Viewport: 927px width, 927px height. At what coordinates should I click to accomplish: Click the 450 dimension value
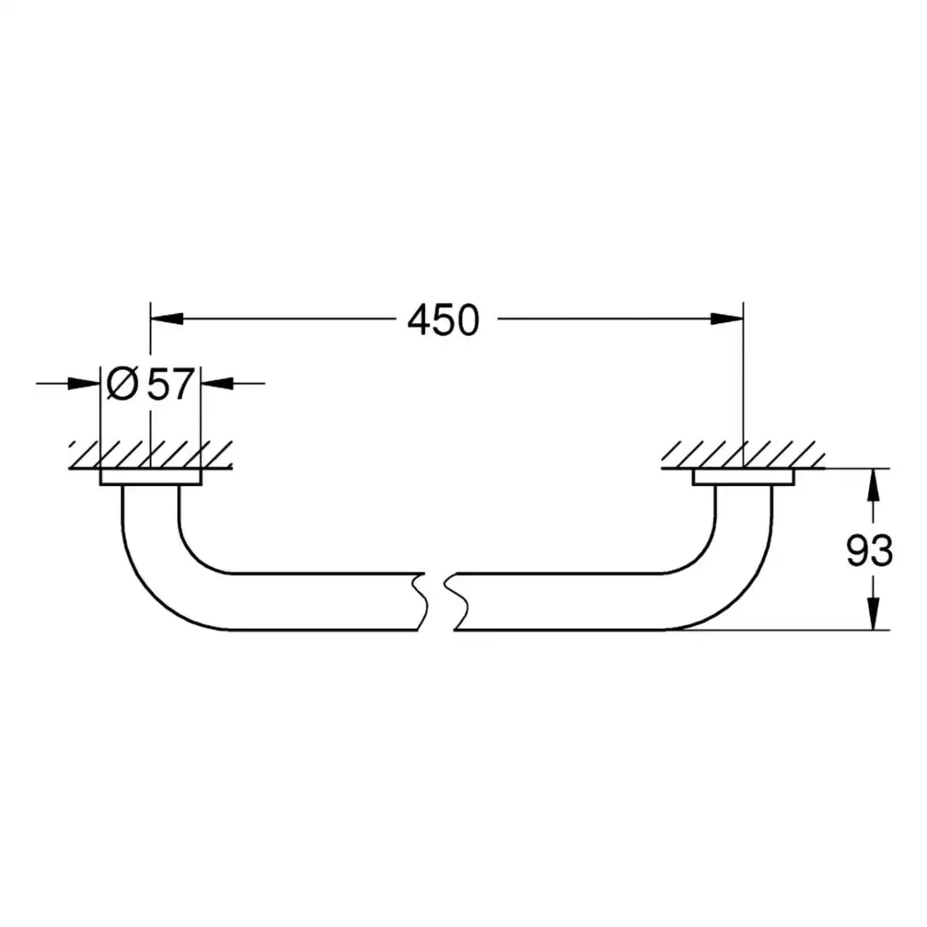[443, 320]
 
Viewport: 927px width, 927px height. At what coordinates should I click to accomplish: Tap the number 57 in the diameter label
[170, 384]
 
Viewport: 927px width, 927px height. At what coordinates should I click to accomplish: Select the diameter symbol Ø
[123, 384]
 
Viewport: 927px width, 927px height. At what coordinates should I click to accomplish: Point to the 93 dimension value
[869, 552]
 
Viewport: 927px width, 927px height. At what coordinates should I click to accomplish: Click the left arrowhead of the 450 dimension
[167, 318]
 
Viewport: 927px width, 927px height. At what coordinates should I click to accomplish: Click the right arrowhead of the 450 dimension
[727, 318]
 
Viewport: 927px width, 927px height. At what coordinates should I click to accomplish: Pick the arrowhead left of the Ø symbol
[83, 383]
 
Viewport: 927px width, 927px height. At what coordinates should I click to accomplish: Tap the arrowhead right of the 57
[217, 383]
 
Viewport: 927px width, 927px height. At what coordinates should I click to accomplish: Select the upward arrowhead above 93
[874, 485]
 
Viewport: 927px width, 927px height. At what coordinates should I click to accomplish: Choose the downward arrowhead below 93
[874, 613]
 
